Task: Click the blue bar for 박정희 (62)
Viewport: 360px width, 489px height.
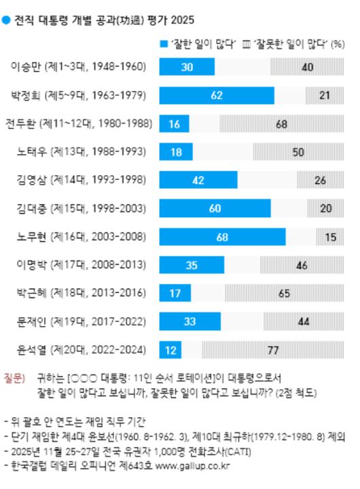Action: [x=216, y=95]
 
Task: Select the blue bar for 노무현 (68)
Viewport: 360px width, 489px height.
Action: [x=221, y=236]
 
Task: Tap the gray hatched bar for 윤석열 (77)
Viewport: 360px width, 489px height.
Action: [x=273, y=350]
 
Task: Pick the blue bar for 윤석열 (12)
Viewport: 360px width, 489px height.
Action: [x=170, y=350]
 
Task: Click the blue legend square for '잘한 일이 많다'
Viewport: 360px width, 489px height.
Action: [x=163, y=44]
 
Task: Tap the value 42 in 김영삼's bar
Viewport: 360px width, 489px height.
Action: [x=198, y=180]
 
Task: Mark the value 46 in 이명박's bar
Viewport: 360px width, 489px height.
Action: [x=303, y=265]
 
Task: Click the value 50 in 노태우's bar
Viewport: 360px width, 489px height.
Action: [x=298, y=152]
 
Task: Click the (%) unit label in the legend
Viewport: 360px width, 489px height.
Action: [x=336, y=44]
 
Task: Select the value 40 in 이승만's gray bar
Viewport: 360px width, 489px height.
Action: [x=308, y=67]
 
